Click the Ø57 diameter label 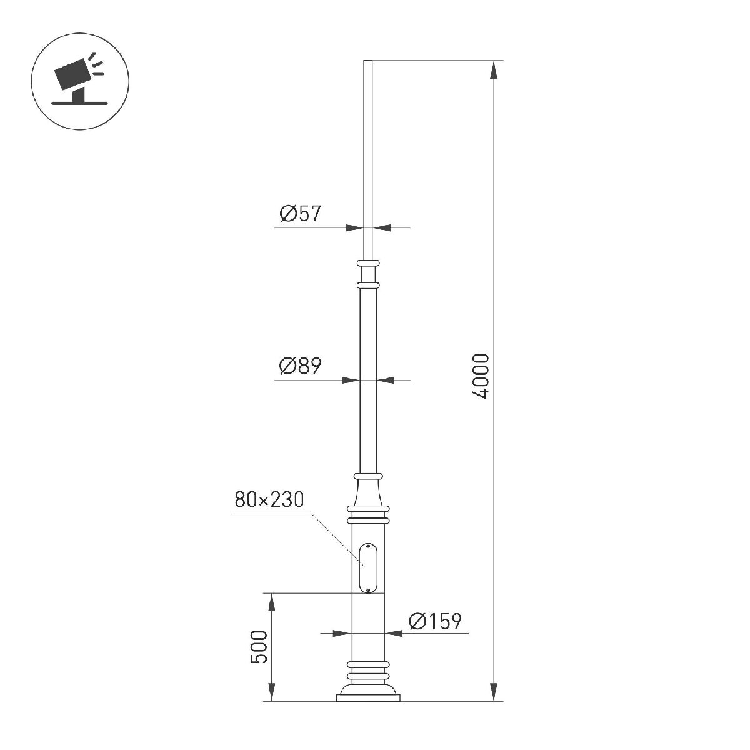pyautogui.click(x=300, y=214)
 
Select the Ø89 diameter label pyautogui.click(x=300, y=366)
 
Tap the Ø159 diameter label pyautogui.click(x=435, y=621)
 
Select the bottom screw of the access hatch pyautogui.click(x=368, y=589)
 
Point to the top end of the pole pyautogui.click(x=367, y=62)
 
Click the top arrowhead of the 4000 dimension pyautogui.click(x=494, y=69)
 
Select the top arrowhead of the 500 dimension pyautogui.click(x=272, y=602)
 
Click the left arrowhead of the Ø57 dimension pyautogui.click(x=354, y=227)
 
